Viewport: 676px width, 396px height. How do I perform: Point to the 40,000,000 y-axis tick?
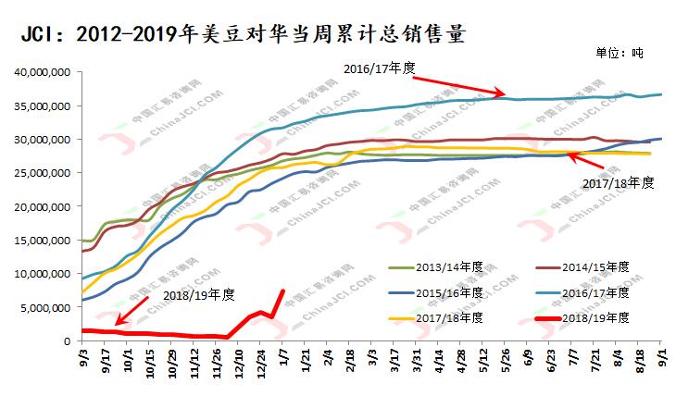43,72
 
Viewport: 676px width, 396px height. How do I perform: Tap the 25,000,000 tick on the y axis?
43,173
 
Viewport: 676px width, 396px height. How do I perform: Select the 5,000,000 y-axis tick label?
46,307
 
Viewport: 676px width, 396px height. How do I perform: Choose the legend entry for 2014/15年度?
594,266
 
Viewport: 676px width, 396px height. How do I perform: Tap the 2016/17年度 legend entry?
594,292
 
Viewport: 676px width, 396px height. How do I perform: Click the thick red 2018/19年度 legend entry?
594,317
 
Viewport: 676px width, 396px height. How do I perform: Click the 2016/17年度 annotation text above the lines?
381,68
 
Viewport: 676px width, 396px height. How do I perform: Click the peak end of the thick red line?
282,291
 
